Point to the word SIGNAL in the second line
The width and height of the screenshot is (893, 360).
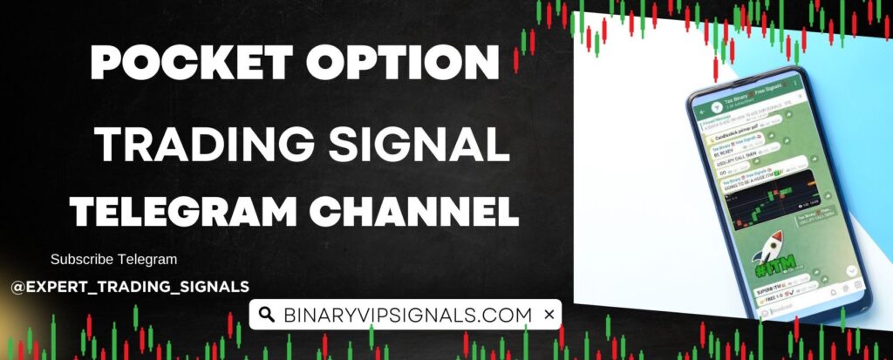tap(425, 143)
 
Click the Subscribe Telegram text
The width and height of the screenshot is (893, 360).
tap(113, 259)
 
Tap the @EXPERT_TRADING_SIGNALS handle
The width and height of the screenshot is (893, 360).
tap(130, 286)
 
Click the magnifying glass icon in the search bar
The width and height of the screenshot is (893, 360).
tap(268, 315)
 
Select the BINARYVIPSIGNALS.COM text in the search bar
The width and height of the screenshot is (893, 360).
tap(406, 315)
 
